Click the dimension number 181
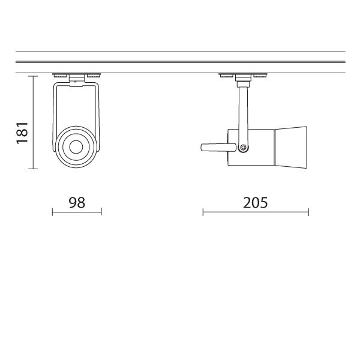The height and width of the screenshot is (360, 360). click(x=22, y=133)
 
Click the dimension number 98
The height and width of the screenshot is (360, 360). click(x=77, y=203)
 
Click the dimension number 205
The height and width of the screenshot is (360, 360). click(x=256, y=203)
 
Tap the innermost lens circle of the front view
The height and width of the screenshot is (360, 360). click(x=76, y=147)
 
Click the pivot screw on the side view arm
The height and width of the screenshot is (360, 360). click(x=243, y=147)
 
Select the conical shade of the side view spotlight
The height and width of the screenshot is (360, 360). click(x=291, y=148)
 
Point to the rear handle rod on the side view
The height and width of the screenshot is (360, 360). click(x=218, y=148)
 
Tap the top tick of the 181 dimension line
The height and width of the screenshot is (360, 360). click(x=33, y=76)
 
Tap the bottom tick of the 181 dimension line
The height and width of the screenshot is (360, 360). click(x=33, y=169)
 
